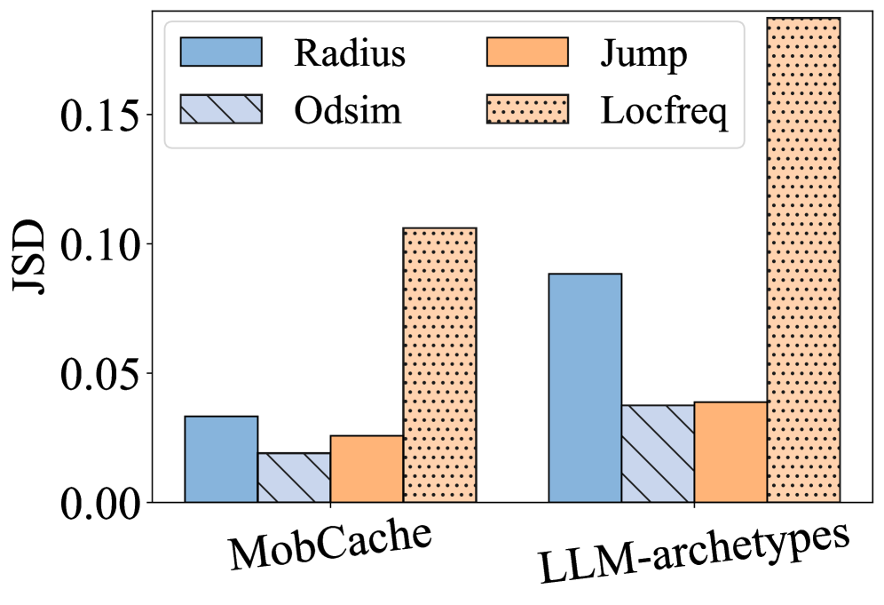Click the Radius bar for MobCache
point(221,459)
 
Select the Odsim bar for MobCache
point(294,478)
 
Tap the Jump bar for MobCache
point(367,469)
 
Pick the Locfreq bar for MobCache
point(439,365)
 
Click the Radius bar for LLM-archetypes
point(585,388)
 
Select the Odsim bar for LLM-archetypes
point(658,454)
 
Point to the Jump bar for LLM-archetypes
point(730,452)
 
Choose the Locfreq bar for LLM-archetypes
point(803,260)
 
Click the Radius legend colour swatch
point(221,52)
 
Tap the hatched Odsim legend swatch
point(221,109)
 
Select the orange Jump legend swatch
point(527,52)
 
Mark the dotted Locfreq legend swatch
point(527,109)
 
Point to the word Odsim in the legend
point(348,110)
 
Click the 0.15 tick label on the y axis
point(102,115)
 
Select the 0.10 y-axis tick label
point(102,244)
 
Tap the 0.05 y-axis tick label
point(102,373)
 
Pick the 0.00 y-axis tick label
point(102,503)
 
